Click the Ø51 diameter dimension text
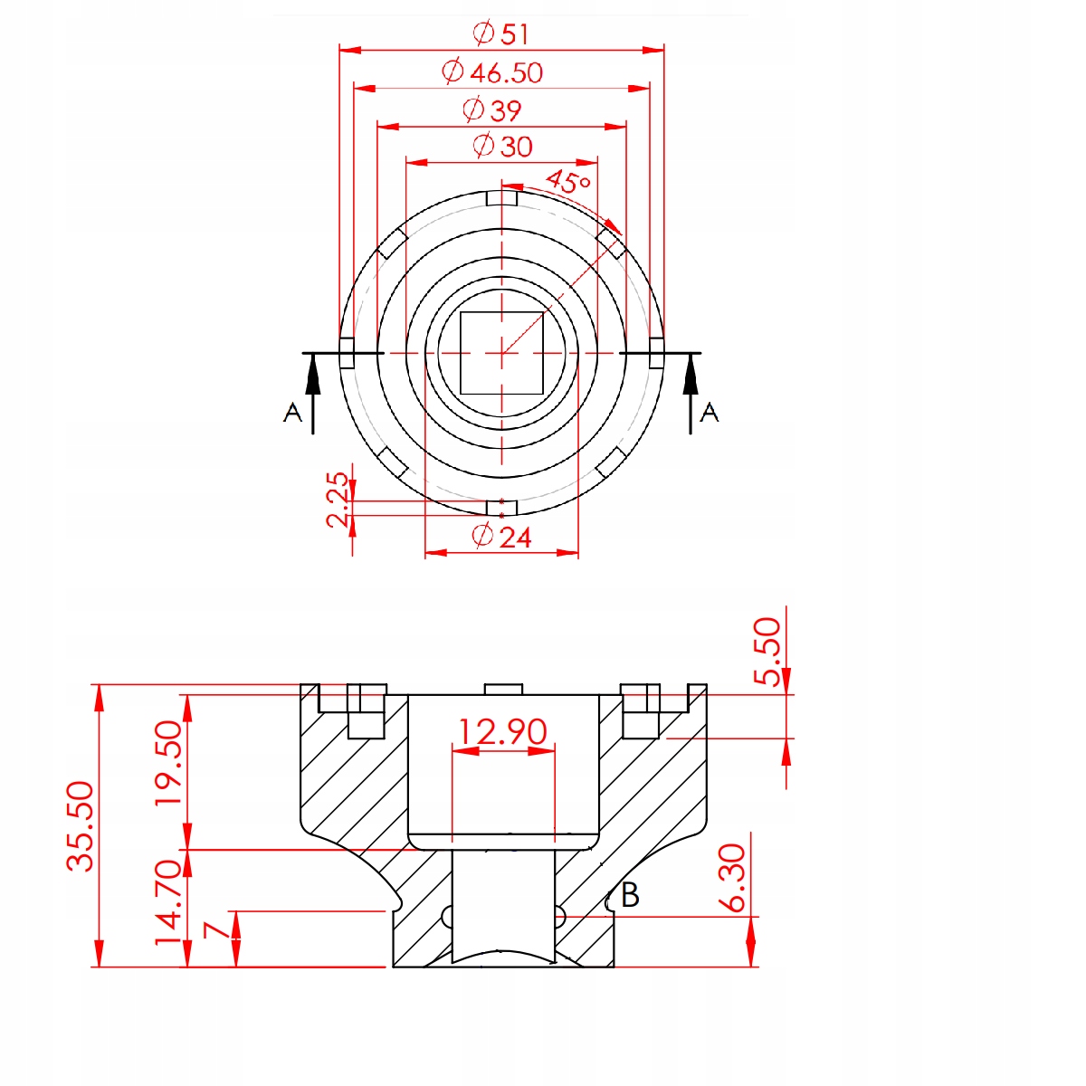500,33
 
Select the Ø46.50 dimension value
492,71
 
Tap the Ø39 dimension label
492,110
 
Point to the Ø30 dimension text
502,146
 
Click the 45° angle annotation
568,182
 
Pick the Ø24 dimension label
501,536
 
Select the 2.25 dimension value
337,500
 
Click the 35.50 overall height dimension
80,826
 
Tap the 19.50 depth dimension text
168,762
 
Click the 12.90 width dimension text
502,731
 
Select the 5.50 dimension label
767,652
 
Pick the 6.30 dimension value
732,878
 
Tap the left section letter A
292,412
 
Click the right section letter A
709,412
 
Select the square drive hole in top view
501,353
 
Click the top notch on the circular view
501,198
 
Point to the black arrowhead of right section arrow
691,376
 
